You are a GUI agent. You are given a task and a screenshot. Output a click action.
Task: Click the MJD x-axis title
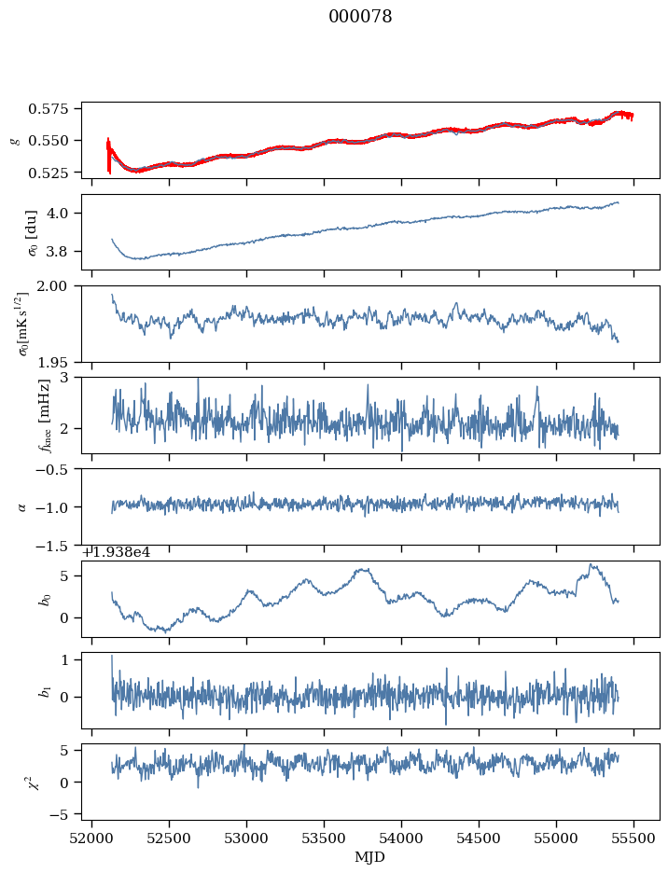coord(370,857)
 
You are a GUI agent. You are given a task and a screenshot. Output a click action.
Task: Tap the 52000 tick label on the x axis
coord(91,840)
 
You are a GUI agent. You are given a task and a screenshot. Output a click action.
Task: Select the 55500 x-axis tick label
coord(634,840)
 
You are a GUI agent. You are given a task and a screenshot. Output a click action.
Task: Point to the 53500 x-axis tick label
coord(325,840)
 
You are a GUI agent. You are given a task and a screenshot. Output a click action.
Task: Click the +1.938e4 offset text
coord(117,552)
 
